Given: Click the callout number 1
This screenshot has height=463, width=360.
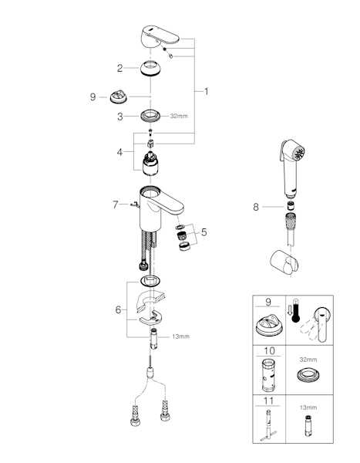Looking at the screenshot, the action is coord(207,92).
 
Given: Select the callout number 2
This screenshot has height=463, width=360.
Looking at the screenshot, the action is coord(119,68).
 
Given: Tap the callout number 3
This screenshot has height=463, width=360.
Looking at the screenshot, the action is coord(119,117).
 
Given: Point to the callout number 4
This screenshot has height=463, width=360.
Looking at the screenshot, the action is coord(119,152).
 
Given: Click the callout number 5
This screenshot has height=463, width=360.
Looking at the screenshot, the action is coord(204,232).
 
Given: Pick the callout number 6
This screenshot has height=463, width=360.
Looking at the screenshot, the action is coord(118,309).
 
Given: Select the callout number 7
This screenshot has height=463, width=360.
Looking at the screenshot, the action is coord(116,204).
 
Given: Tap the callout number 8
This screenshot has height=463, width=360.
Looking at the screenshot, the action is coord(256,207).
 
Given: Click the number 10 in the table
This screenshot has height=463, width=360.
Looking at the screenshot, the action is coord(269,351).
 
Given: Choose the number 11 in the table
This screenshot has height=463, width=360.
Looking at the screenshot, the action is coord(268,400).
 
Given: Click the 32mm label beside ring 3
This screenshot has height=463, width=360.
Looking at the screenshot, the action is coord(179,116).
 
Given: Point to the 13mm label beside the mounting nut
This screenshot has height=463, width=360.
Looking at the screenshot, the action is coord(181,336).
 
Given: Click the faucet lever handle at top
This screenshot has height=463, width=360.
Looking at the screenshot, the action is coord(160,36).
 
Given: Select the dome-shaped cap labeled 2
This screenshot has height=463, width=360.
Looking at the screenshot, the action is coord(150,69).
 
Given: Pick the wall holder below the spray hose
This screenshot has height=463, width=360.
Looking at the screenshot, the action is coord(284,262).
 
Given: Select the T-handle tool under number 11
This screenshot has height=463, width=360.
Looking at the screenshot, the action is coord(268,426).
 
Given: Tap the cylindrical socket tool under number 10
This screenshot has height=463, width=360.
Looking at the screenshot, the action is coord(268,374).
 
